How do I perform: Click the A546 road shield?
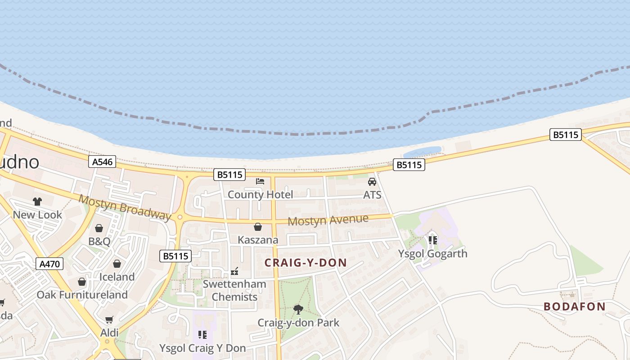point(102,162)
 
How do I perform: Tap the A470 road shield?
point(49,264)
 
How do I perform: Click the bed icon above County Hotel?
point(260,181)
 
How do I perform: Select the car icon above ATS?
point(372,182)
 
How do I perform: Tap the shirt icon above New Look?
point(37,202)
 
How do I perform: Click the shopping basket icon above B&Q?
point(99,228)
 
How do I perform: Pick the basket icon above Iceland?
point(117,264)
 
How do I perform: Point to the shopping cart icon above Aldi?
point(109,319)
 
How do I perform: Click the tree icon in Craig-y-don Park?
point(298,309)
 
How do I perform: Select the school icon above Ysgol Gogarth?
point(433,240)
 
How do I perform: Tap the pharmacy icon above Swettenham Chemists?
point(234,271)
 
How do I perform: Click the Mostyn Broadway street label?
point(125,207)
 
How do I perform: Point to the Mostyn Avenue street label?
point(328,220)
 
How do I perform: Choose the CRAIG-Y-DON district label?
point(306,263)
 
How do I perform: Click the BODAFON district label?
point(574,306)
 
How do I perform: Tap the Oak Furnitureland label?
point(82,295)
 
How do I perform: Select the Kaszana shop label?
point(258,240)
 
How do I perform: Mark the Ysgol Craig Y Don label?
point(202,348)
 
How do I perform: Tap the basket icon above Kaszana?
point(258,227)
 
